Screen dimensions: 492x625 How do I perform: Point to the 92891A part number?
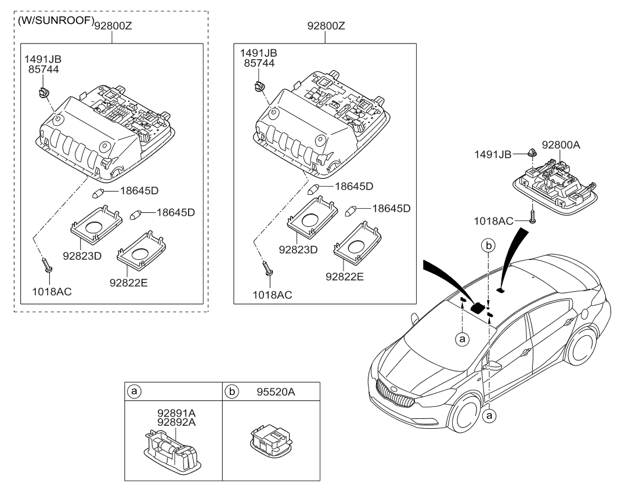point(176,413)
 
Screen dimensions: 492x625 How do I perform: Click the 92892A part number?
point(176,422)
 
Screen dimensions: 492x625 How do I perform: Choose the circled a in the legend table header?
point(134,392)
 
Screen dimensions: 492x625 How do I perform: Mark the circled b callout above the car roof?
point(489,246)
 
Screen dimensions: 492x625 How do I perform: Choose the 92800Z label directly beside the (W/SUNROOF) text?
point(114,25)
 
